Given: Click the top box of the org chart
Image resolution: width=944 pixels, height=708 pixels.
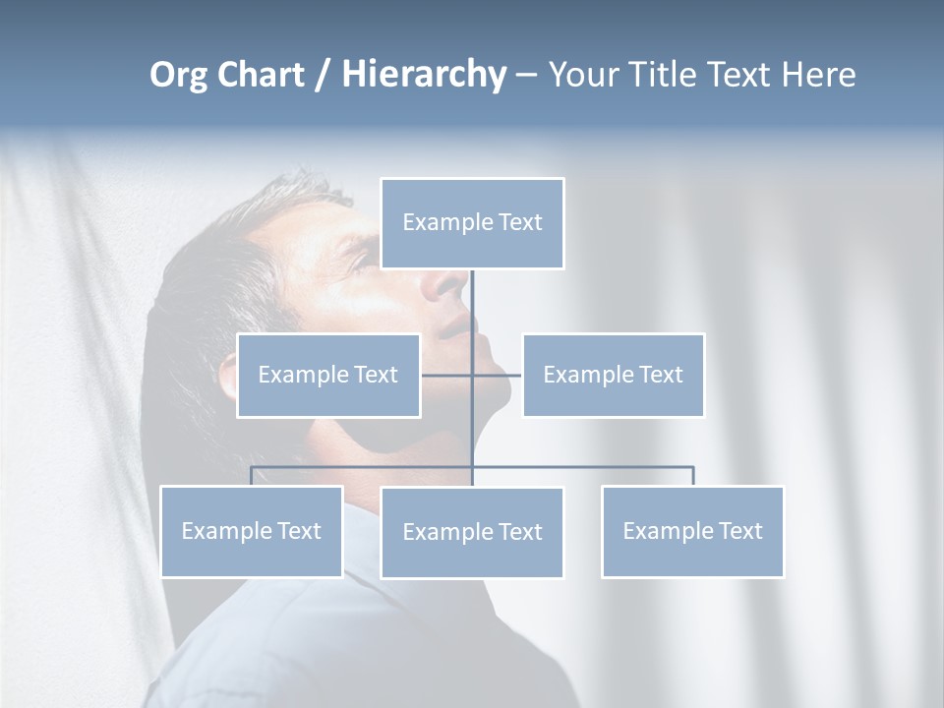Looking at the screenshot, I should (x=472, y=223).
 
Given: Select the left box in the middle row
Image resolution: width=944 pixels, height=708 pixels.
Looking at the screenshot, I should (x=328, y=375).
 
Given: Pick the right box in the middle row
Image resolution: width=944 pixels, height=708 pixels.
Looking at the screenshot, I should (x=613, y=375).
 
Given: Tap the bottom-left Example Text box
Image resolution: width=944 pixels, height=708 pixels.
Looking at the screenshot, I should (x=251, y=531).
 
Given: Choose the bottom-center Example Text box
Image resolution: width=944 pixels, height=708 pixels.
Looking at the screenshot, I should (x=472, y=532).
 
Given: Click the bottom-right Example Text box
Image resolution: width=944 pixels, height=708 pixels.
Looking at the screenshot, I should (x=692, y=531).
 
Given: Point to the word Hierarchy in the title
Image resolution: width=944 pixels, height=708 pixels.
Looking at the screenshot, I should (x=424, y=75).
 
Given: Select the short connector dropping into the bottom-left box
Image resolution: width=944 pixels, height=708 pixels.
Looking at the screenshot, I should (x=251, y=476).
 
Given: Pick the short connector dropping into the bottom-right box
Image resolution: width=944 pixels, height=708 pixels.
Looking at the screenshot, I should (x=693, y=476).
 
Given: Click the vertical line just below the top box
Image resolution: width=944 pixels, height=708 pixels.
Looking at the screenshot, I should (x=472, y=295).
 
